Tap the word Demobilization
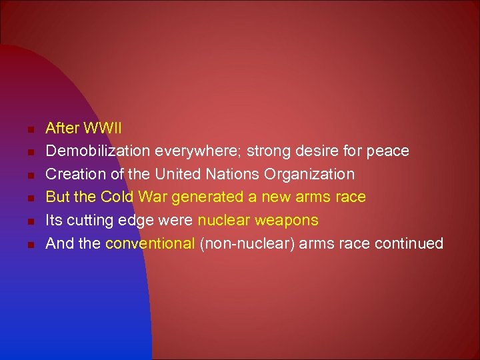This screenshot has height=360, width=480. tap(98, 151)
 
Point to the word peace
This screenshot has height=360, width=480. tap(388, 151)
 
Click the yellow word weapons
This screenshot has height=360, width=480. tap(287, 220)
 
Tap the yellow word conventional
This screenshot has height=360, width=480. tap(150, 243)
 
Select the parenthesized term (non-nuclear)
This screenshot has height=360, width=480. tap(247, 243)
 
